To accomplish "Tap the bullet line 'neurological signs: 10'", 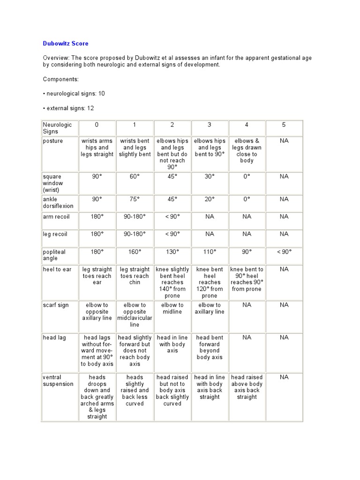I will tap(74, 94).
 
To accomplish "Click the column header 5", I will tap(284, 125).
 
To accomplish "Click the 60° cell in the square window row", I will tap(135, 177).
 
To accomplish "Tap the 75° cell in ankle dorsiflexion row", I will tap(135, 199).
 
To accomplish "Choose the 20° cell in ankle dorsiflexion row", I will tap(210, 199).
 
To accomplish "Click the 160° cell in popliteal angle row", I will tap(135, 252).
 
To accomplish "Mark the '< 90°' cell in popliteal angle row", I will tap(284, 252).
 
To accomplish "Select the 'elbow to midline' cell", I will tap(172, 308).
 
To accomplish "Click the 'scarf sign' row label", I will tap(56, 305).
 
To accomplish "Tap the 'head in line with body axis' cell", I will tap(172, 344).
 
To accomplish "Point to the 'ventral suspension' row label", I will tap(58, 381).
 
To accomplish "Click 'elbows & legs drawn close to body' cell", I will tap(247, 150).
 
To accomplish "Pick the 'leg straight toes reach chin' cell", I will tap(135, 276).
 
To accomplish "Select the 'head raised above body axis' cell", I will tap(247, 387).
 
